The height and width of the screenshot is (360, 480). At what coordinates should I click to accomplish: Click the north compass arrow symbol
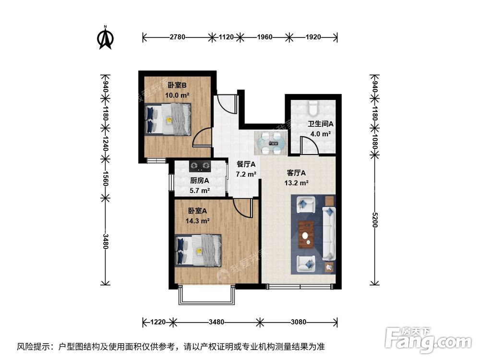pyautogui.click(x=105, y=38)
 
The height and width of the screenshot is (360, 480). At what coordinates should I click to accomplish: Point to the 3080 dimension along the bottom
pyautogui.click(x=298, y=322)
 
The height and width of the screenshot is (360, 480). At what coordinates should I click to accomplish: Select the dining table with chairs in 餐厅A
pyautogui.click(x=271, y=142)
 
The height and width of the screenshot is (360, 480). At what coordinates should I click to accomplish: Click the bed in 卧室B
pyautogui.click(x=168, y=120)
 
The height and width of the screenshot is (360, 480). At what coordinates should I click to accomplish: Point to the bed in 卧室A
pyautogui.click(x=198, y=250)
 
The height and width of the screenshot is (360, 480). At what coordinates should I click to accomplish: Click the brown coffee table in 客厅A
pyautogui.click(x=306, y=234)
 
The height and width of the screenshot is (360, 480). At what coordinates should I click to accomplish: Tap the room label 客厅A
pyautogui.click(x=296, y=173)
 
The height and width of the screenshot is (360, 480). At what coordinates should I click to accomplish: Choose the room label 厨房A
pyautogui.click(x=200, y=181)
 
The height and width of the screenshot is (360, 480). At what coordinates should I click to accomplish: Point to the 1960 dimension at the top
pyautogui.click(x=264, y=36)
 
